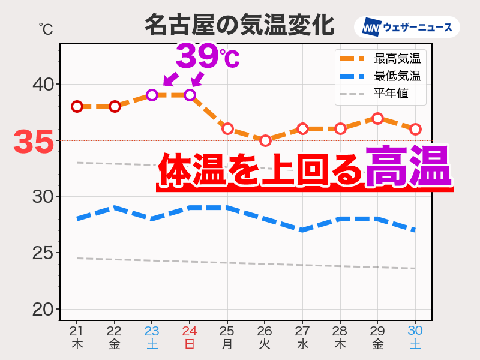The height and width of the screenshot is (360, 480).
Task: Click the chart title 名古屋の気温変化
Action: (x=239, y=26)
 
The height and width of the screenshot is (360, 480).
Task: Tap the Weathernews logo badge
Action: (x=407, y=27)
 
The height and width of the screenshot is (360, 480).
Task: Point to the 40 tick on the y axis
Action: (x=43, y=84)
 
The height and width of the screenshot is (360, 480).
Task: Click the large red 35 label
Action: (x=34, y=142)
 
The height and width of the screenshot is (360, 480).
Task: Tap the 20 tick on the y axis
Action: (x=43, y=309)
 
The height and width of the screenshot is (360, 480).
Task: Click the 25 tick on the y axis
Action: (x=43, y=253)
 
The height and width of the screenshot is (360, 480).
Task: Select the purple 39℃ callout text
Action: (x=207, y=57)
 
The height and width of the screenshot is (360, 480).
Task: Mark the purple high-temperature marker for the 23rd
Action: (x=152, y=95)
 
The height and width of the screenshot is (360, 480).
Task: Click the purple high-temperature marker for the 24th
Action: (x=190, y=95)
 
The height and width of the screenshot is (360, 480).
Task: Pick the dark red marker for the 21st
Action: (x=77, y=106)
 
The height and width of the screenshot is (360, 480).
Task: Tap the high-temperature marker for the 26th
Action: (x=265, y=140)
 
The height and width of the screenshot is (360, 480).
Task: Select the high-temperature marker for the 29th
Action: (x=377, y=118)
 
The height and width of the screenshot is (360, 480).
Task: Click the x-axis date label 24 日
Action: (x=190, y=337)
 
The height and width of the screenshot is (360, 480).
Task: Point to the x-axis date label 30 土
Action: (x=415, y=337)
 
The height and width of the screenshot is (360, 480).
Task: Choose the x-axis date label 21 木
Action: (x=77, y=337)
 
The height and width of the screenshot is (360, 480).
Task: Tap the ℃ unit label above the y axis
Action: (x=46, y=28)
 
